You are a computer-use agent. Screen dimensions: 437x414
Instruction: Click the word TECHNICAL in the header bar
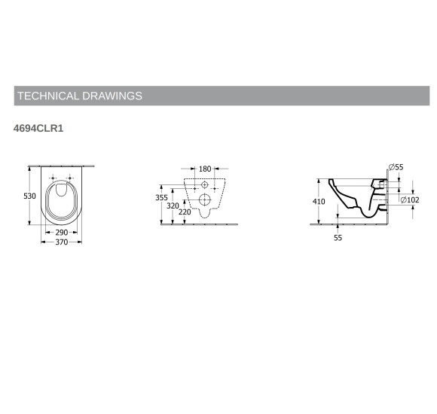click(48, 96)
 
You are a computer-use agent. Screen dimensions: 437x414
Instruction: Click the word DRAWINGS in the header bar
click(112, 96)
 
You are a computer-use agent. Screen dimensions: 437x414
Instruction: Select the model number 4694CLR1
click(38, 129)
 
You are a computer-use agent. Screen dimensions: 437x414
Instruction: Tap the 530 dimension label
click(29, 196)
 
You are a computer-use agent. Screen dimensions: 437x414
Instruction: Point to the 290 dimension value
click(61, 232)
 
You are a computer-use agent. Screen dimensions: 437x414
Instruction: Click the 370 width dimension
click(61, 242)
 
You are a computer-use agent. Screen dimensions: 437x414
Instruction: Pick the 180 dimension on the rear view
click(205, 169)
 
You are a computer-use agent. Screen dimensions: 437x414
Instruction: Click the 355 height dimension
click(162, 197)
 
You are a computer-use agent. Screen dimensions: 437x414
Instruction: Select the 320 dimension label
click(173, 205)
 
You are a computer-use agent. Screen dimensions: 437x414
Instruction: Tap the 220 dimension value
click(185, 212)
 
